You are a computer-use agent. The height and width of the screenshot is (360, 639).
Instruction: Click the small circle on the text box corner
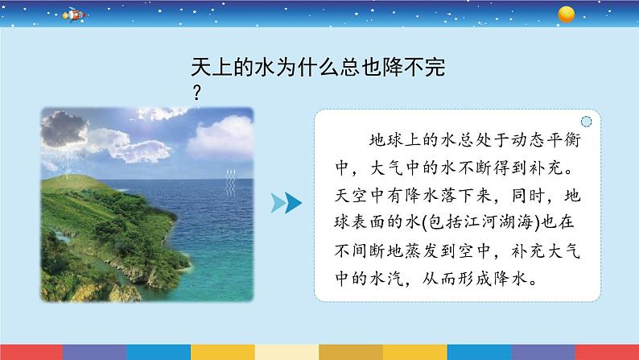click(585, 122)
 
